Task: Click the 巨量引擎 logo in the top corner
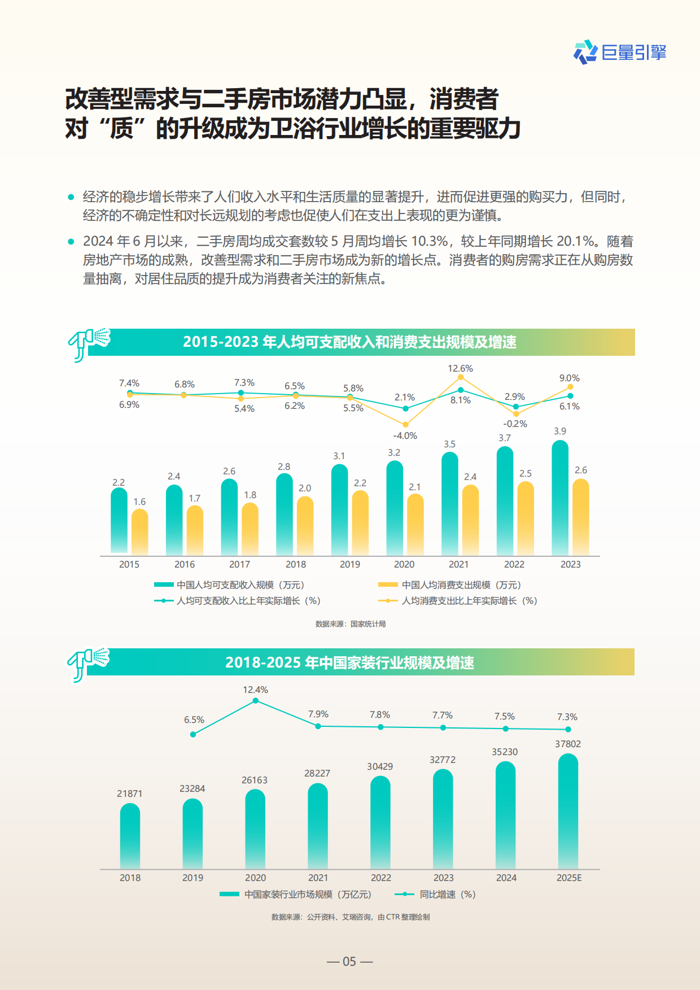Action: tap(620, 53)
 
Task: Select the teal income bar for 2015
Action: tap(119, 521)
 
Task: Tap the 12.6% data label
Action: tap(460, 369)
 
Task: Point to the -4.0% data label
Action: tap(405, 436)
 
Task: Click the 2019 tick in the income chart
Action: tap(349, 564)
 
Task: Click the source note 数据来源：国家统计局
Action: tap(350, 624)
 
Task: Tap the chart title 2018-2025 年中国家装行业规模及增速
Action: tap(349, 662)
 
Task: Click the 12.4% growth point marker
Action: tap(256, 701)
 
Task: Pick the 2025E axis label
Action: tap(568, 878)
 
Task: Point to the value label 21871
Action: tap(130, 794)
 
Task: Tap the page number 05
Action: tap(349, 962)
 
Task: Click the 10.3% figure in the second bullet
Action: tap(429, 242)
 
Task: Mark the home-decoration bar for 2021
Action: tap(318, 826)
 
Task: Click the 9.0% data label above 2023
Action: tap(569, 378)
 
